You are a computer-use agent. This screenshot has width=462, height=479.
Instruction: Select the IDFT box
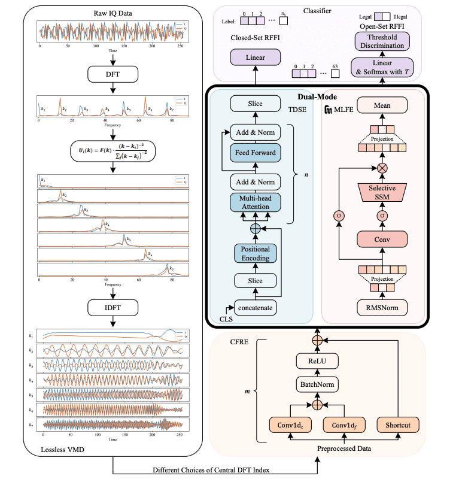[x=113, y=308]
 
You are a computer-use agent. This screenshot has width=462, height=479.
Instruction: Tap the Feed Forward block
[x=255, y=153]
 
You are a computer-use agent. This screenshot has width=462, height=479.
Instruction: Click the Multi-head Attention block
[x=255, y=202]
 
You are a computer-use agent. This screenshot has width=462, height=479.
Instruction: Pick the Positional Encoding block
[x=255, y=253]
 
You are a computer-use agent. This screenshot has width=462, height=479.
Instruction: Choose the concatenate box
[x=255, y=308]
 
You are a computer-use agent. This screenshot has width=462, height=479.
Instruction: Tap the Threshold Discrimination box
[x=382, y=41]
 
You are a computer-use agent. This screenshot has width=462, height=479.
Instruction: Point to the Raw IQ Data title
[x=113, y=12]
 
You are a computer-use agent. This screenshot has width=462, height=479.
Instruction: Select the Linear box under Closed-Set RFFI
[x=255, y=57]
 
